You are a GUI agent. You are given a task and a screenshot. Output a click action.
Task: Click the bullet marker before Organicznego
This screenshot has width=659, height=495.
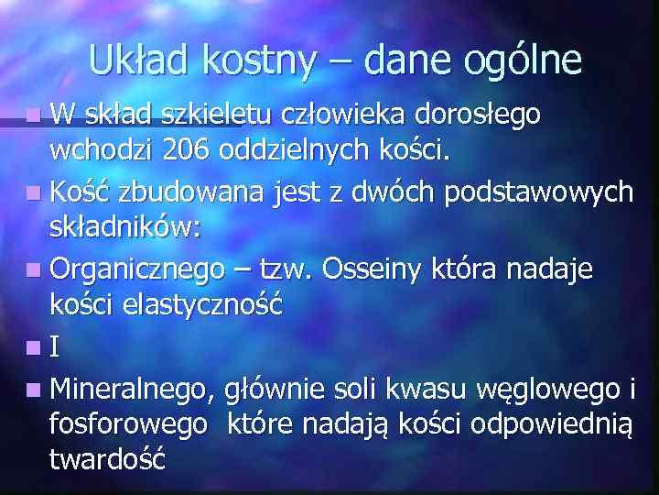[34, 271]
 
